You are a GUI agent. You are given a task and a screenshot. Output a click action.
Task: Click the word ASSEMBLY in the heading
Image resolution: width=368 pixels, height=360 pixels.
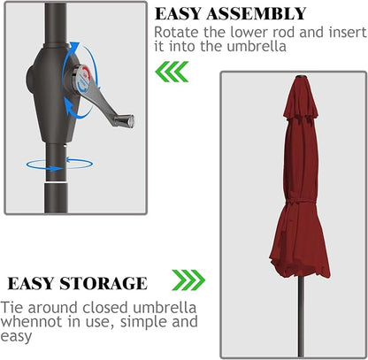coord(257,13)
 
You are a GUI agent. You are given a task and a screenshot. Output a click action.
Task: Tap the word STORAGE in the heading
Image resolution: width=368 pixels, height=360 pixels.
coord(103,284)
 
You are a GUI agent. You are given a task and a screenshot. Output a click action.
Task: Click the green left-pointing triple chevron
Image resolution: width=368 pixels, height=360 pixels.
coord(172,72)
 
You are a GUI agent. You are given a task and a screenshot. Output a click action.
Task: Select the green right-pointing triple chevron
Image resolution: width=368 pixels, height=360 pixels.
coord(188,280)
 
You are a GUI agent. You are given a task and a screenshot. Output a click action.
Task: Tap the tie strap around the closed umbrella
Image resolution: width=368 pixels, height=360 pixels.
coord(300,201)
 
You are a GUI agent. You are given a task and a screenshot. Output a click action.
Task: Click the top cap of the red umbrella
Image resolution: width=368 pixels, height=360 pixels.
coord(301,77)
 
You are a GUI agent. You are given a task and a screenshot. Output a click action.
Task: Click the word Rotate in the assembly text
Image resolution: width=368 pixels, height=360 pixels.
coord(176,32)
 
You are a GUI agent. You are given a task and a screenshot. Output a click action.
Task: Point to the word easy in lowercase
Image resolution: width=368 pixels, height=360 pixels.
coord(16,336)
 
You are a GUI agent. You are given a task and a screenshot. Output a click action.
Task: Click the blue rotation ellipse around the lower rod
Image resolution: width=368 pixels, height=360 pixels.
coord(59,169)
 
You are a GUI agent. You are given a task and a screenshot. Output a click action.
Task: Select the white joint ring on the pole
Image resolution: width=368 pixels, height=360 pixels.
coord(57,183)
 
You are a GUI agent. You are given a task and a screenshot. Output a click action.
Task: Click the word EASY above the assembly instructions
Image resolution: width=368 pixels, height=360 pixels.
coord(179,13)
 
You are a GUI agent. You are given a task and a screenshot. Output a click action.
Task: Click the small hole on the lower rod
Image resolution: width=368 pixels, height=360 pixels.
coord(65,145)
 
